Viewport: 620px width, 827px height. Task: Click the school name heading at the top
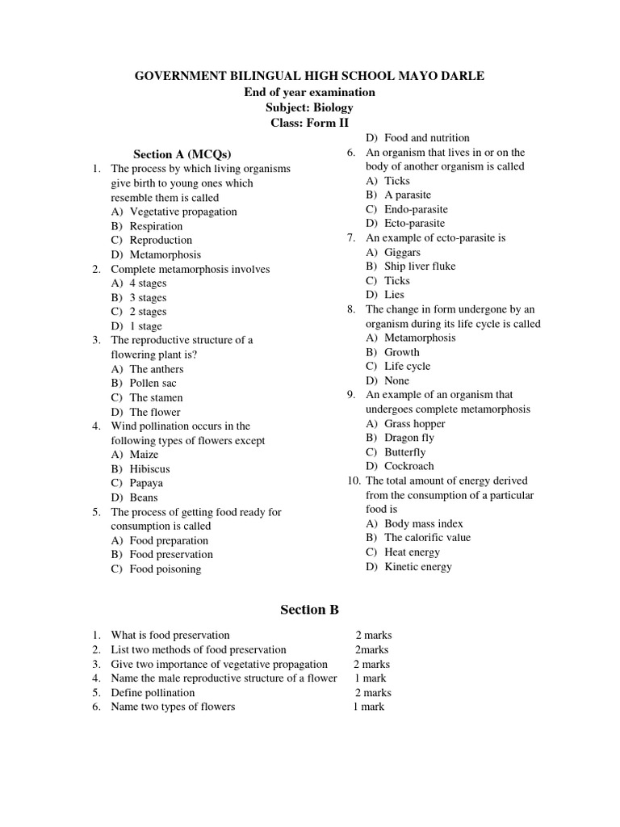[x=309, y=76]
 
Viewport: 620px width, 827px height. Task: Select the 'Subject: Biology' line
[x=309, y=107]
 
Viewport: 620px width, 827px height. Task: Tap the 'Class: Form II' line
[x=309, y=123]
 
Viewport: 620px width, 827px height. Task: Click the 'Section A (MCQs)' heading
[x=176, y=154]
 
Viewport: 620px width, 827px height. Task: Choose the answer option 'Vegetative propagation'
[x=183, y=212]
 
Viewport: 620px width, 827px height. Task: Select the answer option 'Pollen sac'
[x=153, y=383]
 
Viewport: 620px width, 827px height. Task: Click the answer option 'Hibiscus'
[x=149, y=468]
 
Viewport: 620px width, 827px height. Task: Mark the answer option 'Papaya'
[x=146, y=483]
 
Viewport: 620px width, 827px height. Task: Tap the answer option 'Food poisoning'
[x=165, y=569]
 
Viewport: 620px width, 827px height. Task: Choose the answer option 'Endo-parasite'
[x=414, y=209]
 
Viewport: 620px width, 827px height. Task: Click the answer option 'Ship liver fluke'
[x=420, y=266]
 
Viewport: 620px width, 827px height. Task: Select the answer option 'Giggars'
[x=402, y=252]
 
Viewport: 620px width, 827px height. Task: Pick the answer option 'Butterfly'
[x=404, y=452]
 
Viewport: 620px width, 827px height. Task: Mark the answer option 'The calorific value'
[x=427, y=537]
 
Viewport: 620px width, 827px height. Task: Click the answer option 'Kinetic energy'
[x=418, y=566]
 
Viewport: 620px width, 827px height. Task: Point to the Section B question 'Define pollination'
[x=153, y=692]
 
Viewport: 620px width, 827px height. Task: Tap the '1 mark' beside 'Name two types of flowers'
[x=368, y=707]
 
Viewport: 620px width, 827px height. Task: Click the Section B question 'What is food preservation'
[x=170, y=636]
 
